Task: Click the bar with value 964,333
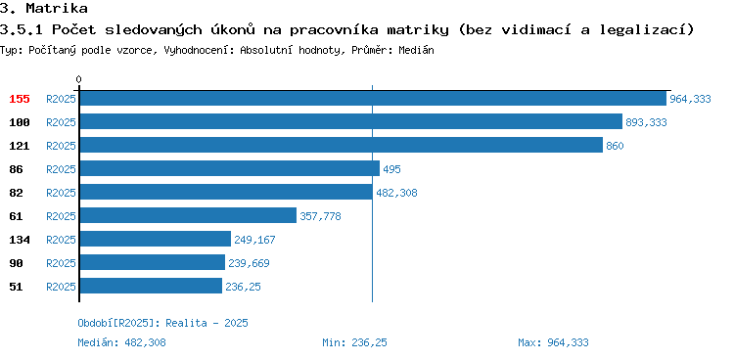373,98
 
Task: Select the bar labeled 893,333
351,121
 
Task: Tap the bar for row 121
341,145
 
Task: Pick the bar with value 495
229,168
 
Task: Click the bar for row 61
188,215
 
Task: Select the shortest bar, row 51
151,286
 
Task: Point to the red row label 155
20,99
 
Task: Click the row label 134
20,240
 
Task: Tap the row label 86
16,169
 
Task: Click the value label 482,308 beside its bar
396,193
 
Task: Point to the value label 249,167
254,240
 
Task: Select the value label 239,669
249,263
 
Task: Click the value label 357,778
321,216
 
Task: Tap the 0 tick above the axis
78,79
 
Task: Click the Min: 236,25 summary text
355,342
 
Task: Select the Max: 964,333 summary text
553,342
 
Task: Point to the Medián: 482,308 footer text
121,342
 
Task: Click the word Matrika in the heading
56,8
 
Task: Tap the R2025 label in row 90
61,263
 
